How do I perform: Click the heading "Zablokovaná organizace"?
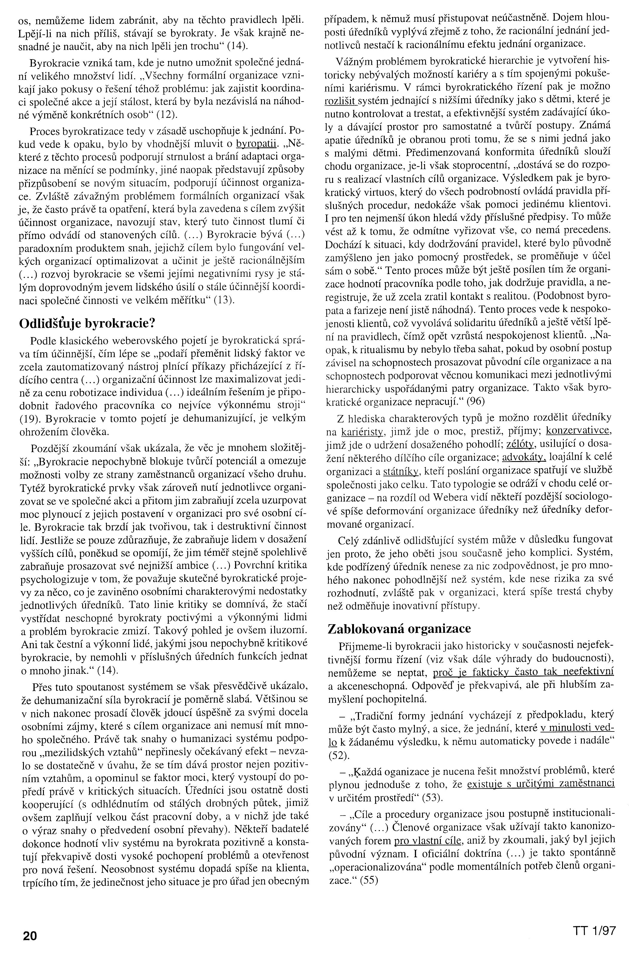point(400,628)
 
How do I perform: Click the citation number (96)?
point(475,401)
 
